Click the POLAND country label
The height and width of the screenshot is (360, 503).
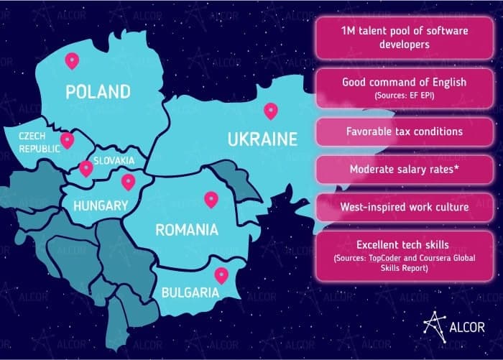tap(98, 92)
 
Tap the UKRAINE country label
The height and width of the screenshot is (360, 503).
tap(262, 139)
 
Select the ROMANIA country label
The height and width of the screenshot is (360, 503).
tap(187, 230)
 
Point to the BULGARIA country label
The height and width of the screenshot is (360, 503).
tap(190, 292)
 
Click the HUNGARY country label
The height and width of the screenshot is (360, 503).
tap(101, 206)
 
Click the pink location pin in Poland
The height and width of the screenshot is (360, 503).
tap(70, 61)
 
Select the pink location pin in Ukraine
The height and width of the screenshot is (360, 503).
tap(270, 111)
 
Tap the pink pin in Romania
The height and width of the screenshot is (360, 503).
tap(211, 198)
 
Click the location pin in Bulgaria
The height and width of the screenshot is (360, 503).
tap(221, 274)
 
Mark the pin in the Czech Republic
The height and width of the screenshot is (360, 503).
tap(67, 139)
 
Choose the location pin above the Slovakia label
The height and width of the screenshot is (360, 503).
tap(86, 169)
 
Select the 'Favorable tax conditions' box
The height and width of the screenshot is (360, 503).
tap(404, 133)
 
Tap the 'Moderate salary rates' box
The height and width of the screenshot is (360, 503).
tap(404, 170)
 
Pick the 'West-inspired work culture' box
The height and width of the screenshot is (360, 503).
tap(404, 207)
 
